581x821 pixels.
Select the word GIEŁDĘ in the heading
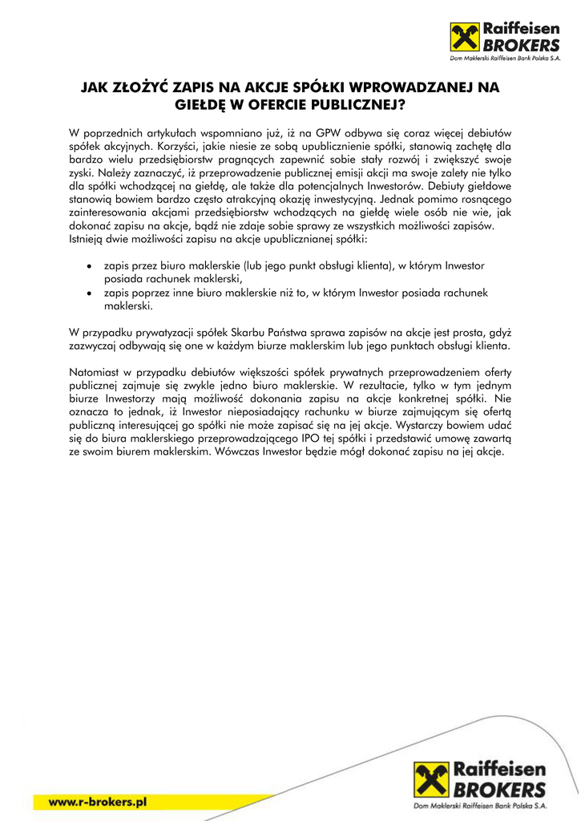click(x=204, y=103)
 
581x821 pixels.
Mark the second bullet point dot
click(x=89, y=294)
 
